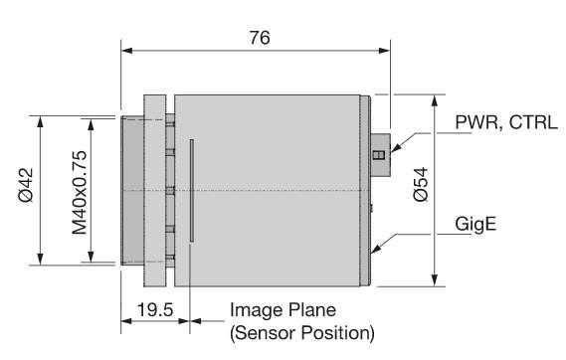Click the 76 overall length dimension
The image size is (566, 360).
click(260, 38)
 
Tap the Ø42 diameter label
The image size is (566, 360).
click(26, 185)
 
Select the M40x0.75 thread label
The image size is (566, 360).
click(80, 193)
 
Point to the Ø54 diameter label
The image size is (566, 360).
click(421, 184)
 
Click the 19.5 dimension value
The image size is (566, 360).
click(155, 310)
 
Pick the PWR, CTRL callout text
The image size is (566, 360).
click(506, 122)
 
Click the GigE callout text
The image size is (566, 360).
click(475, 225)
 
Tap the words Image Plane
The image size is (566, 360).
click(283, 310)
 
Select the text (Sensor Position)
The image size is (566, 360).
click(302, 332)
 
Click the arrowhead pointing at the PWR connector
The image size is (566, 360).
click(396, 148)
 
